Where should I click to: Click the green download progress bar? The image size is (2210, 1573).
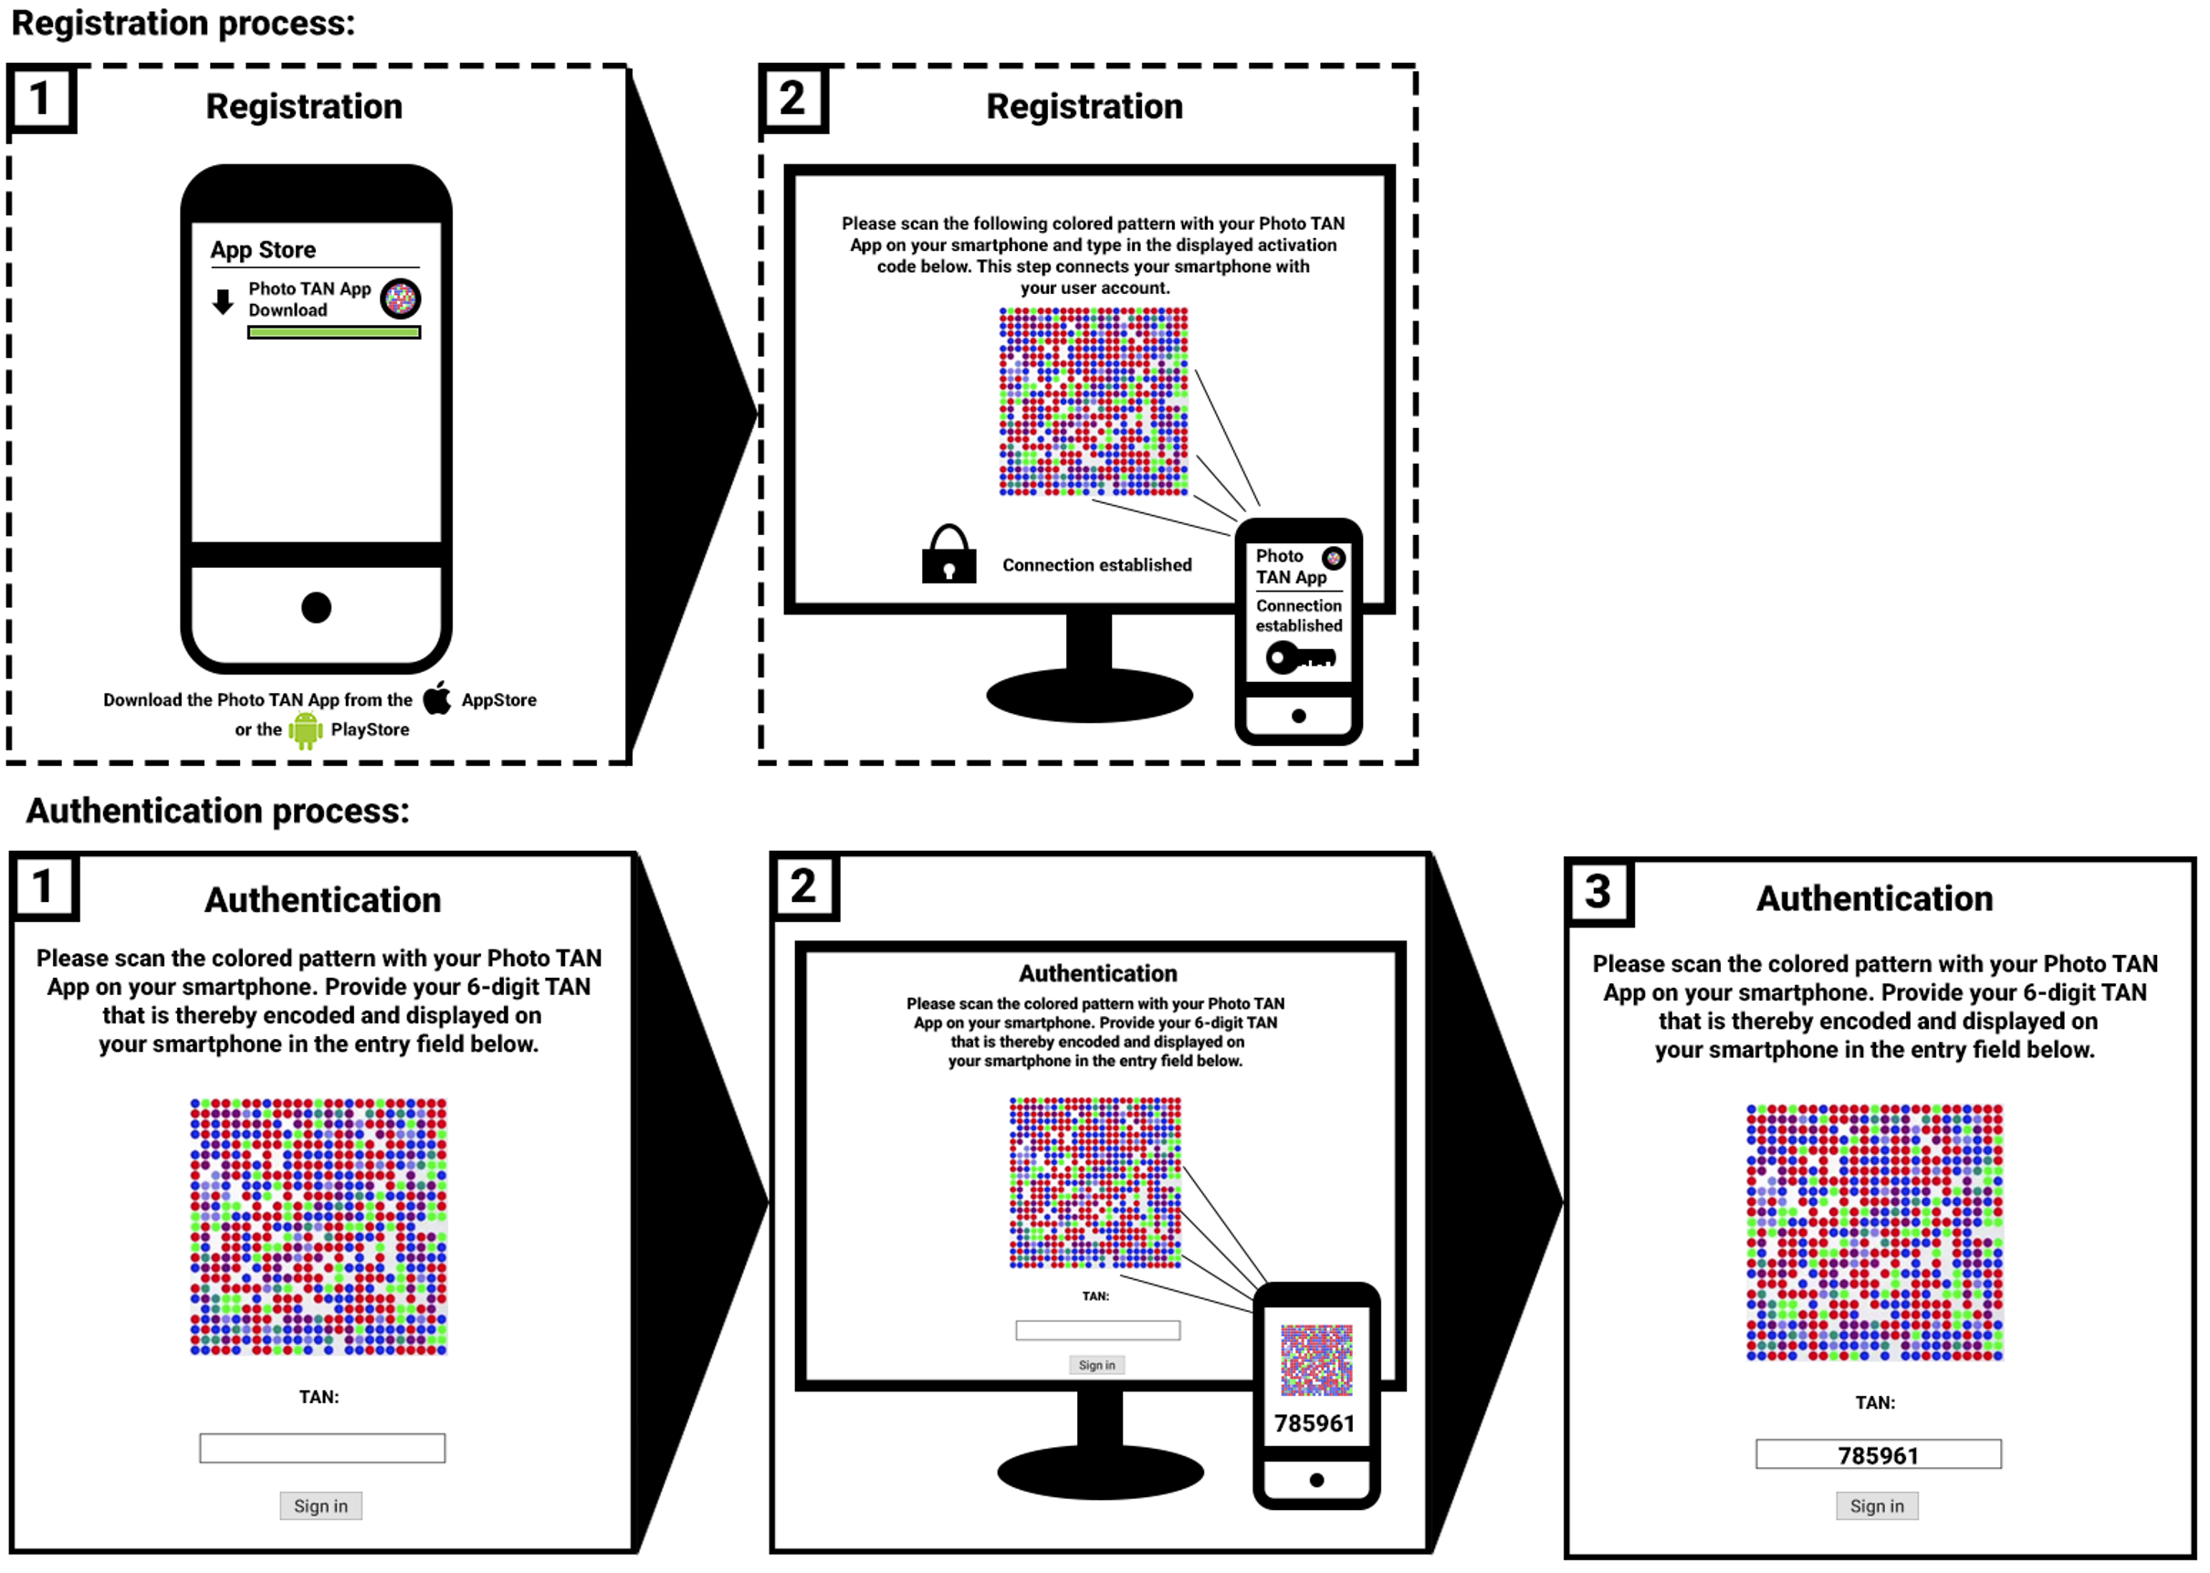[334, 332]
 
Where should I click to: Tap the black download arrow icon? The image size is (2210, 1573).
[223, 301]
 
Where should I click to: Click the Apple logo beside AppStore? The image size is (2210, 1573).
[438, 697]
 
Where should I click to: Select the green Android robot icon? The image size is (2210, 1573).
[305, 730]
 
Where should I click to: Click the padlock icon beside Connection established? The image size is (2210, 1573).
[949, 555]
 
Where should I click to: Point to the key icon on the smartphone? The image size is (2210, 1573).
[1302, 657]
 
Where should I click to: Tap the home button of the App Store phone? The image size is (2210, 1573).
[317, 607]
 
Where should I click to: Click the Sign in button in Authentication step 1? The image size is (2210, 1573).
[320, 1506]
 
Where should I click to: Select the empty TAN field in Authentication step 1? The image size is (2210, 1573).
[322, 1448]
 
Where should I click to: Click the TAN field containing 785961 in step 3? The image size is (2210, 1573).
[1878, 1454]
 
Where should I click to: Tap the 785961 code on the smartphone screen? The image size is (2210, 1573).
[1314, 1423]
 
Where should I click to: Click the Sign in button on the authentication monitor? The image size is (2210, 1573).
[1097, 1365]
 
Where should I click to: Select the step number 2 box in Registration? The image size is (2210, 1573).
[794, 98]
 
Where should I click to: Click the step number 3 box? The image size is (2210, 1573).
[1598, 891]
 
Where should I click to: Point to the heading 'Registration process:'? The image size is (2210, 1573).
[183, 23]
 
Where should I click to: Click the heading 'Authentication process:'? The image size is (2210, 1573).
[218, 811]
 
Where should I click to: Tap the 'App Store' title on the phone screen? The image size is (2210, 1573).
[264, 250]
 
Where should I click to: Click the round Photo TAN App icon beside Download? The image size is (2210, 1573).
[400, 299]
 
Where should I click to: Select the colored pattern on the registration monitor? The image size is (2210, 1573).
[1094, 402]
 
